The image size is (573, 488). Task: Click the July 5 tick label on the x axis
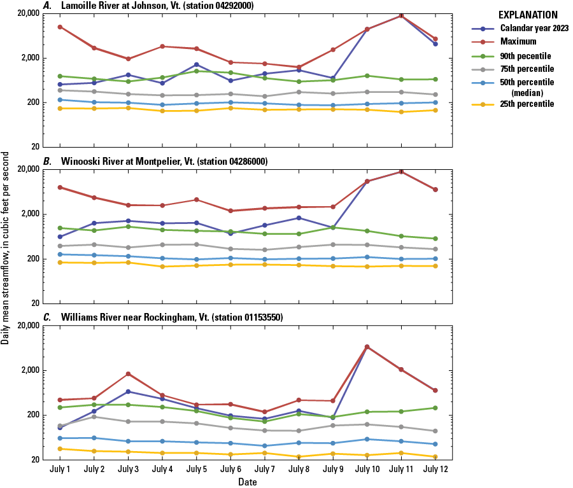click(x=196, y=470)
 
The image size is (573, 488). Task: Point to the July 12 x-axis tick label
click(x=435, y=470)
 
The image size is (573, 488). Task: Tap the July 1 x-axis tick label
click(x=60, y=470)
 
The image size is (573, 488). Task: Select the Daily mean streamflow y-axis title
click(x=6, y=249)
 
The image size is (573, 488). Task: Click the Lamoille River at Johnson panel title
click(x=157, y=6)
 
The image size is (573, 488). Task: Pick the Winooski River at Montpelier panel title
click(x=164, y=162)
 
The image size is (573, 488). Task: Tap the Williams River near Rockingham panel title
click(x=171, y=317)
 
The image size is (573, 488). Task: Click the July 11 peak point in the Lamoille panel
click(x=401, y=15)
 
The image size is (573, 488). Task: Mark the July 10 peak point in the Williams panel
click(x=367, y=347)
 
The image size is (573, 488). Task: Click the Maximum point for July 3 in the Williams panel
click(x=128, y=374)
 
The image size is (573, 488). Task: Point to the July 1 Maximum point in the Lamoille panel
click(x=60, y=27)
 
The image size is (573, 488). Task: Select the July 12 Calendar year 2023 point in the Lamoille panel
click(x=435, y=44)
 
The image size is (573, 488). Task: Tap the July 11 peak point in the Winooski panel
click(x=401, y=171)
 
